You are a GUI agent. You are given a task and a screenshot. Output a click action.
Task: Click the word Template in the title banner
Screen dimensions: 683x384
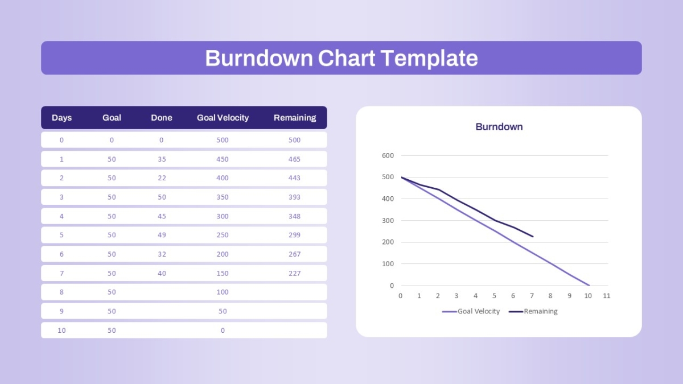tap(429, 59)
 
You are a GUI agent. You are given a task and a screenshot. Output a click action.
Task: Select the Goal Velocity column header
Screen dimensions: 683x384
tap(223, 118)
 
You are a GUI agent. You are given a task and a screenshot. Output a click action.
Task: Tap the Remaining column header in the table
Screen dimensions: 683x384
tap(295, 118)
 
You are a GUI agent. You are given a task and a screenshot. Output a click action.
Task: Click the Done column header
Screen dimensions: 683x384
tap(161, 118)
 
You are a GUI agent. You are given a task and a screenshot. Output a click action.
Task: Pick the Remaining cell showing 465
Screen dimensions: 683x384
tap(294, 159)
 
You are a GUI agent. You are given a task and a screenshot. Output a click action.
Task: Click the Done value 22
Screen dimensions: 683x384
tap(162, 178)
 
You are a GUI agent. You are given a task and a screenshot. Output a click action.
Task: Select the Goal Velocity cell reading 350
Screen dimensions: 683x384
tap(223, 197)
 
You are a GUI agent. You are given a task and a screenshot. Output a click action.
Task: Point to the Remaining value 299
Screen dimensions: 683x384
tap(294, 235)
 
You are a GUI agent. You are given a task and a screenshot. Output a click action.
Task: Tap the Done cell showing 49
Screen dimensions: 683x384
tap(162, 235)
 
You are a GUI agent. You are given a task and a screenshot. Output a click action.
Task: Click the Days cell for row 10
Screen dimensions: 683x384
tap(61, 331)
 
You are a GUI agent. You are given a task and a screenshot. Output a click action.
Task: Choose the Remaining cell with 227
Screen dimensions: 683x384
tap(294, 274)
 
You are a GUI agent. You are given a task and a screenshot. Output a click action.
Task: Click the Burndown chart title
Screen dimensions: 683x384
tap(499, 127)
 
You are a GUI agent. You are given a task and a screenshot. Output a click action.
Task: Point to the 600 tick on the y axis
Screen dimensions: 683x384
tap(388, 155)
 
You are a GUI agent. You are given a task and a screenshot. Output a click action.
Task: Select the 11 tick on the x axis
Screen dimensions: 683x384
tap(607, 296)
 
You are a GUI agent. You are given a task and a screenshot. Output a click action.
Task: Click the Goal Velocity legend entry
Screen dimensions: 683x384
tap(471, 312)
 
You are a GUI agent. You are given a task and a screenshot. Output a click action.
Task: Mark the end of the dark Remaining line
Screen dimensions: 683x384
tap(533, 237)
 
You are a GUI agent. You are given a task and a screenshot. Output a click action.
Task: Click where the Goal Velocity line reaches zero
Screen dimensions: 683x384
tap(589, 286)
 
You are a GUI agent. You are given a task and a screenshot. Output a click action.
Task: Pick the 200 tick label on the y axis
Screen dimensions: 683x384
tap(388, 242)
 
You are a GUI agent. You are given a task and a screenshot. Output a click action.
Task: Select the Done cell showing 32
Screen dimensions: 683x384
tap(162, 254)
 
